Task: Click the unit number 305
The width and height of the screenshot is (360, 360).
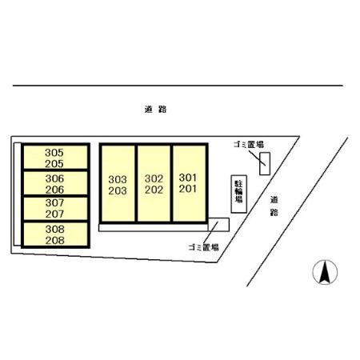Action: (54, 153)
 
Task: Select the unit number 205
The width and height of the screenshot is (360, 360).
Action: (54, 164)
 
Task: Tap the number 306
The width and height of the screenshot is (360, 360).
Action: (54, 178)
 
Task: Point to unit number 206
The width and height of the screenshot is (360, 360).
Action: (54, 190)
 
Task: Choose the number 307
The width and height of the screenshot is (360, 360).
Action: (54, 202)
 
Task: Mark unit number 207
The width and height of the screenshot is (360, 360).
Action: (54, 214)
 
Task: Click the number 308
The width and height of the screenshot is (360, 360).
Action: (55, 229)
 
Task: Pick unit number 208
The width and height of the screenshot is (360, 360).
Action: (55, 240)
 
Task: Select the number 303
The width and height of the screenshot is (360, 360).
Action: (118, 179)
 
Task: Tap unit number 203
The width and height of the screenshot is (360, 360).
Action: (118, 190)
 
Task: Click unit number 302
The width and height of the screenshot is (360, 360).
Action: (154, 178)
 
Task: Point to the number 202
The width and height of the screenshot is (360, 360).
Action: (154, 190)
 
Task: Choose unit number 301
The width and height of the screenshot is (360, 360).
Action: (188, 178)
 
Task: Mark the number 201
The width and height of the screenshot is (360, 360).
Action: (188, 189)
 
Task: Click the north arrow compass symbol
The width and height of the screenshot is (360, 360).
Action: (325, 272)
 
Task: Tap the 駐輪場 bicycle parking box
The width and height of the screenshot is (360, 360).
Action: (239, 194)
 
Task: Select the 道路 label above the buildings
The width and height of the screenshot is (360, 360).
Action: (155, 109)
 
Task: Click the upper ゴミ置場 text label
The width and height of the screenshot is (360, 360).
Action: (249, 145)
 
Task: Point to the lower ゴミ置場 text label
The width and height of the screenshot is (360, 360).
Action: (203, 247)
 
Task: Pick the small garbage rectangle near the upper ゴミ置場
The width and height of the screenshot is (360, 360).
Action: (265, 164)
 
